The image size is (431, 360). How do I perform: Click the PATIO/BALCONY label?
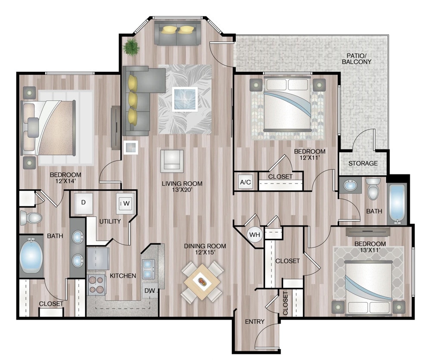pyautogui.click(x=356, y=59)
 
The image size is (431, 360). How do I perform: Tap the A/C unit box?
pyautogui.click(x=245, y=182)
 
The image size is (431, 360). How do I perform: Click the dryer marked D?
pyautogui.click(x=83, y=202)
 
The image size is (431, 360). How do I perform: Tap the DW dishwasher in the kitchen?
pyautogui.click(x=150, y=291)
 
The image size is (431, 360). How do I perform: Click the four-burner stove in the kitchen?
pyautogui.click(x=97, y=285)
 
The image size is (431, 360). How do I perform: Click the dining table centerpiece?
pyautogui.click(x=202, y=282)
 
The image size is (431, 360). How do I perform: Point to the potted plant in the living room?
pyautogui.click(x=129, y=47)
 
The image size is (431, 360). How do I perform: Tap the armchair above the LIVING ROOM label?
pyautogui.click(x=172, y=161)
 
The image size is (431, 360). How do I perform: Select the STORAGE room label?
pyautogui.click(x=363, y=163)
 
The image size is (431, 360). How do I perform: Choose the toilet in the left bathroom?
pyautogui.click(x=30, y=218)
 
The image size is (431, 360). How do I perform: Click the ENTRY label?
pyautogui.click(x=255, y=322)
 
